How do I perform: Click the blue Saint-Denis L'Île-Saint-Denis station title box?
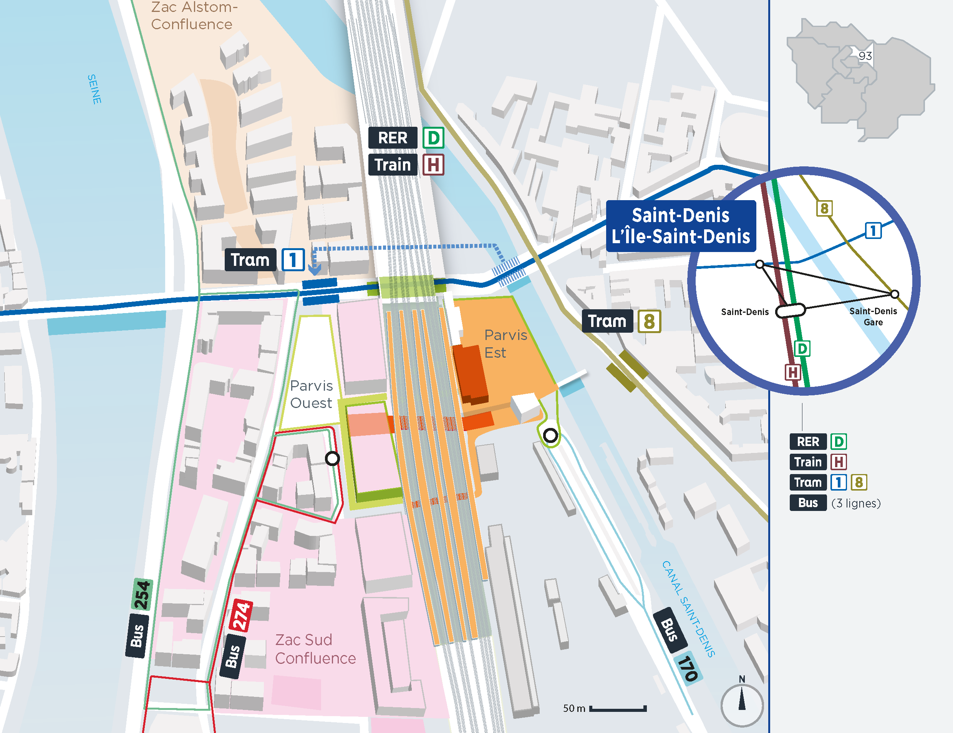pos(680,226)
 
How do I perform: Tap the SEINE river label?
pos(94,89)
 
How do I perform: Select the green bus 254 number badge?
pos(142,594)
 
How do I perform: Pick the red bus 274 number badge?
pos(241,615)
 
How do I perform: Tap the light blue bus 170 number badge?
pos(688,669)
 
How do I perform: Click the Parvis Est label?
pos(505,343)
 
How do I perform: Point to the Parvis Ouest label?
pos(311,394)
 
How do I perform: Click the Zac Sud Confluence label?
pos(315,649)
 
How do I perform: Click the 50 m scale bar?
pos(618,708)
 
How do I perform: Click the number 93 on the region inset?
pos(865,56)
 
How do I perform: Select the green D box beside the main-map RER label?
pos(434,138)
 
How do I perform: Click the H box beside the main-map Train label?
pos(433,165)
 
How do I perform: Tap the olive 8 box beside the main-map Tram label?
pos(649,322)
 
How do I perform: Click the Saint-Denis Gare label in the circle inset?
pos(873,316)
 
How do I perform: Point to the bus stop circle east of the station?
pos(550,435)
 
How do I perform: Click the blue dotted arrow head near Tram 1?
pos(315,269)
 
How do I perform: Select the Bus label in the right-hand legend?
pos(808,502)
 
